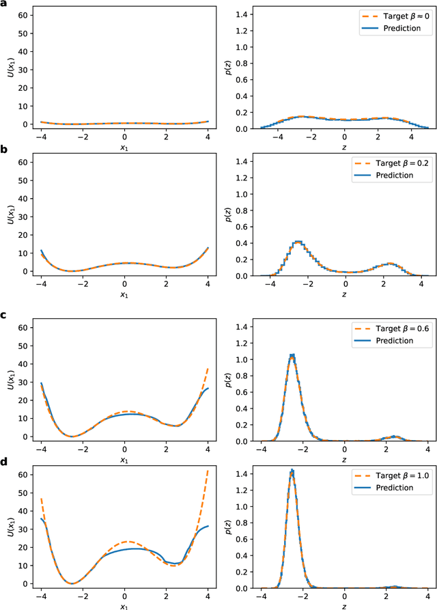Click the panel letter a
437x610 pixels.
coord(4,5)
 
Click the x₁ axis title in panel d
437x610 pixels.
coord(124,604)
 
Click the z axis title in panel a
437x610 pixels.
coord(345,145)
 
